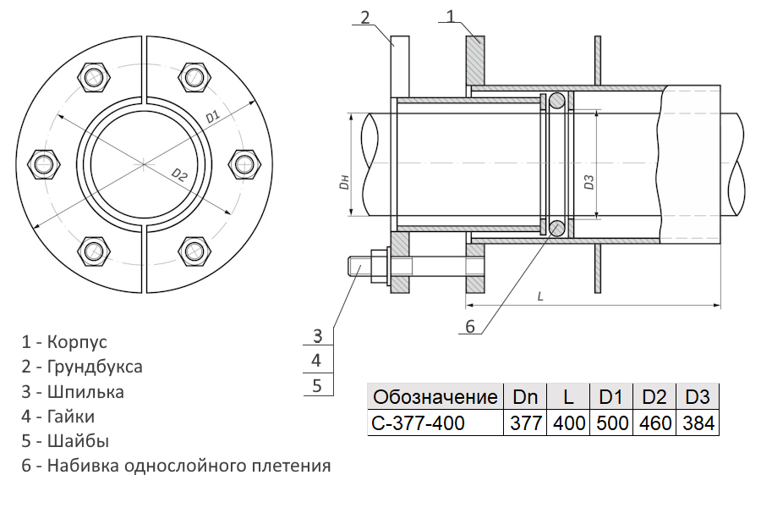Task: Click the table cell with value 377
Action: pos(525,423)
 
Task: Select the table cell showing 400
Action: pos(568,423)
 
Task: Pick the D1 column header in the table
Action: pos(611,397)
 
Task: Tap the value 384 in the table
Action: pos(698,423)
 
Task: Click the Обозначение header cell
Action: pos(435,397)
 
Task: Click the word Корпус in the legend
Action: pos(77,342)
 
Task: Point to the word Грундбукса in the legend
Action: pos(95,367)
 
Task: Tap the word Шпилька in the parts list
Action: pos(85,391)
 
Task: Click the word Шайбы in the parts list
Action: pos(78,441)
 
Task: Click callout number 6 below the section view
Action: pos(469,326)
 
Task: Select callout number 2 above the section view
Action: pos(365,18)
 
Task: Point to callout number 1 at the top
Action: pos(451,16)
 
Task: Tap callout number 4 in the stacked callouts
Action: pos(316,361)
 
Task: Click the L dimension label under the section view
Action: pos(540,296)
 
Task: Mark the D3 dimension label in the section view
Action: pos(589,182)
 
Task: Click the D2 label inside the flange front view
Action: pos(179,174)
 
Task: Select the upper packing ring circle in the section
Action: pos(556,100)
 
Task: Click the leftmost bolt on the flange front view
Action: pos(44,164)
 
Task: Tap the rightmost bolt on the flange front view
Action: pos(244,164)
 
